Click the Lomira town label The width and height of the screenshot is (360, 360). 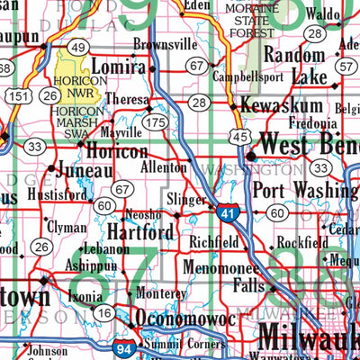click(118, 68)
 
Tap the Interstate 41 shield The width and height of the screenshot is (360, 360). click(227, 211)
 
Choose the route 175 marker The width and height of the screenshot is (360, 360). click(158, 120)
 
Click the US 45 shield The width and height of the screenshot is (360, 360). click(238, 135)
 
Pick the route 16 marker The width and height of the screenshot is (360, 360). click(103, 312)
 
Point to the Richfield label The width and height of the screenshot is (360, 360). click(213, 242)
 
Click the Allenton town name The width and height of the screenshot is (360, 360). click(163, 167)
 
